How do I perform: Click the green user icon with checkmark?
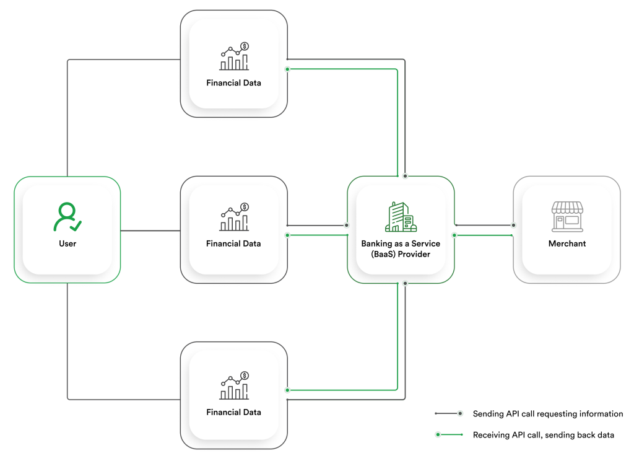(67, 217)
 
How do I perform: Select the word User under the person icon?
(67, 244)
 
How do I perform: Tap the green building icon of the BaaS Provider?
(401, 217)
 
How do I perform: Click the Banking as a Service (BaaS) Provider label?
(401, 249)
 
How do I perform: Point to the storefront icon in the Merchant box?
(567, 217)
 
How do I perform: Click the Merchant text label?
(567, 244)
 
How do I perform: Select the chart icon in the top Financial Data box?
(234, 56)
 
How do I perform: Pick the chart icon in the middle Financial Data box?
(234, 217)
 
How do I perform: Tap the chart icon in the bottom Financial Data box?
(234, 386)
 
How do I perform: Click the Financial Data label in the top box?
(233, 82)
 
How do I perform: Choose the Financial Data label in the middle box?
(233, 244)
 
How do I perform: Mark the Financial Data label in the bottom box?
(233, 412)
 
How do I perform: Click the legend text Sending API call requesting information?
(548, 414)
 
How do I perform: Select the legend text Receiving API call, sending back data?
(543, 435)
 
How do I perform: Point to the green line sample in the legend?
(449, 435)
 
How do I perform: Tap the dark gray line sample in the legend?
(449, 413)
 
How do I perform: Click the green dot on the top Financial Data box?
(287, 69)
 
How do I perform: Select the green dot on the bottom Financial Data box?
(287, 390)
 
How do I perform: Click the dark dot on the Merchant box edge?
(513, 225)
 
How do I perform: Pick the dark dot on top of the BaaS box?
(405, 176)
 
